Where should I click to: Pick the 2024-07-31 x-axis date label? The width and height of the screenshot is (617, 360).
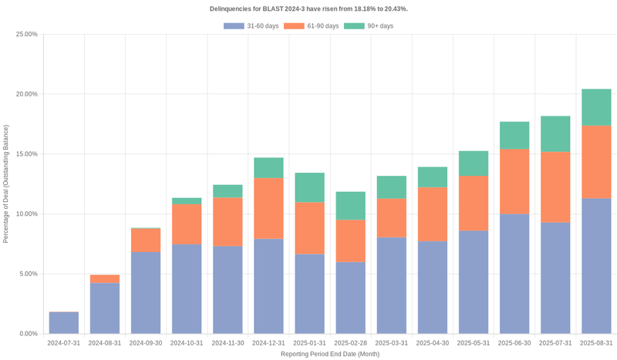pos(64,343)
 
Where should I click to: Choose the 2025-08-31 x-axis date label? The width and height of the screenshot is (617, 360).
pos(596,343)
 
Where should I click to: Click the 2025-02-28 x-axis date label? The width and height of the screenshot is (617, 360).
pos(350,343)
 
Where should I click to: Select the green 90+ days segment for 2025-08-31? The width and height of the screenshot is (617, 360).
pos(596,107)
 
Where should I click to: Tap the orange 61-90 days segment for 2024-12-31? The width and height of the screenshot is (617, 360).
pos(268,209)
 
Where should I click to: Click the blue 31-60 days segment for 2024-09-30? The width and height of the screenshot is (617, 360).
pos(146,293)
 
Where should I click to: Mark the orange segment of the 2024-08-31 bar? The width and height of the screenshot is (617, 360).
pos(105,279)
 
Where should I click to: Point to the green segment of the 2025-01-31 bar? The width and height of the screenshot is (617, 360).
pos(309,187)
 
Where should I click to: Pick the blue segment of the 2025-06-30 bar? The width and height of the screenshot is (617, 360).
pos(514,274)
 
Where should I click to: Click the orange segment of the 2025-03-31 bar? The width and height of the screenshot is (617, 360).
pos(391,217)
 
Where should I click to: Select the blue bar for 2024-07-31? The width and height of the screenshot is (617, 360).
pos(64,323)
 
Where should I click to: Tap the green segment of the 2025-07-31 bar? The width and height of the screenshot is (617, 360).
pos(555,134)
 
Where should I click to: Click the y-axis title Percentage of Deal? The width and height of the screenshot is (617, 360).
pos(6,184)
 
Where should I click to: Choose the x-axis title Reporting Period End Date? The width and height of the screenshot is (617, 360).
pos(329,354)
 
